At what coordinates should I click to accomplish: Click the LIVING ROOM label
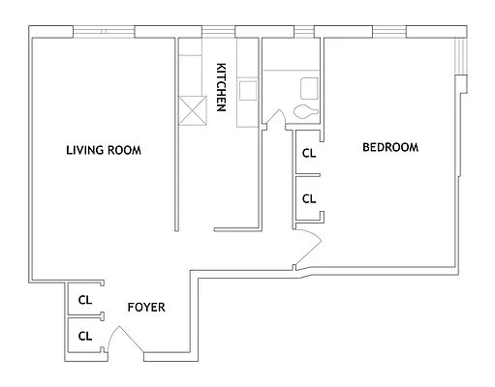[104, 150]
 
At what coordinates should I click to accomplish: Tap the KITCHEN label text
[221, 87]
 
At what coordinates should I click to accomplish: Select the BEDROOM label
[390, 147]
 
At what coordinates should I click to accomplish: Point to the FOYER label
[146, 308]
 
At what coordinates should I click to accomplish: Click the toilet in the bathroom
[306, 111]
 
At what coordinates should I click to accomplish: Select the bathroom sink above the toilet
[309, 88]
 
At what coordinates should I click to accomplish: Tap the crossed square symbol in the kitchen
[193, 110]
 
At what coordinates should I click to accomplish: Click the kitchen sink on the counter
[248, 90]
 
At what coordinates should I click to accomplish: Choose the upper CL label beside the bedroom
[309, 154]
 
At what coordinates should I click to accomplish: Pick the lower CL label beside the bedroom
[309, 199]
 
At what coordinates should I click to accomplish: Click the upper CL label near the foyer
[85, 300]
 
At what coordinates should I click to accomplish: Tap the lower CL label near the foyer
[85, 337]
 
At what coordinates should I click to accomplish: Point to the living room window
[104, 32]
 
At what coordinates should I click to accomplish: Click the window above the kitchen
[218, 32]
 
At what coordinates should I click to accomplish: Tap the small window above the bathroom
[304, 32]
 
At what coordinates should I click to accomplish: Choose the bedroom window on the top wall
[389, 32]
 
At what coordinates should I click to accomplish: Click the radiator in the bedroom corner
[461, 55]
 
